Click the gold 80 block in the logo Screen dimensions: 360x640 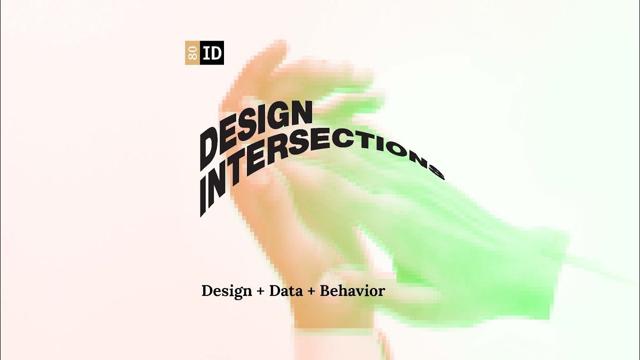(x=192, y=53)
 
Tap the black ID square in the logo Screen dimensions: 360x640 (x=212, y=53)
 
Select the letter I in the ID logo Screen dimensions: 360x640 (x=206, y=53)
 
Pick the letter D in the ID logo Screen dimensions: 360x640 (x=215, y=53)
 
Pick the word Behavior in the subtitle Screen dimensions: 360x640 (x=352, y=290)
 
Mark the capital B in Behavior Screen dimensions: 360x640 (x=324, y=290)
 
